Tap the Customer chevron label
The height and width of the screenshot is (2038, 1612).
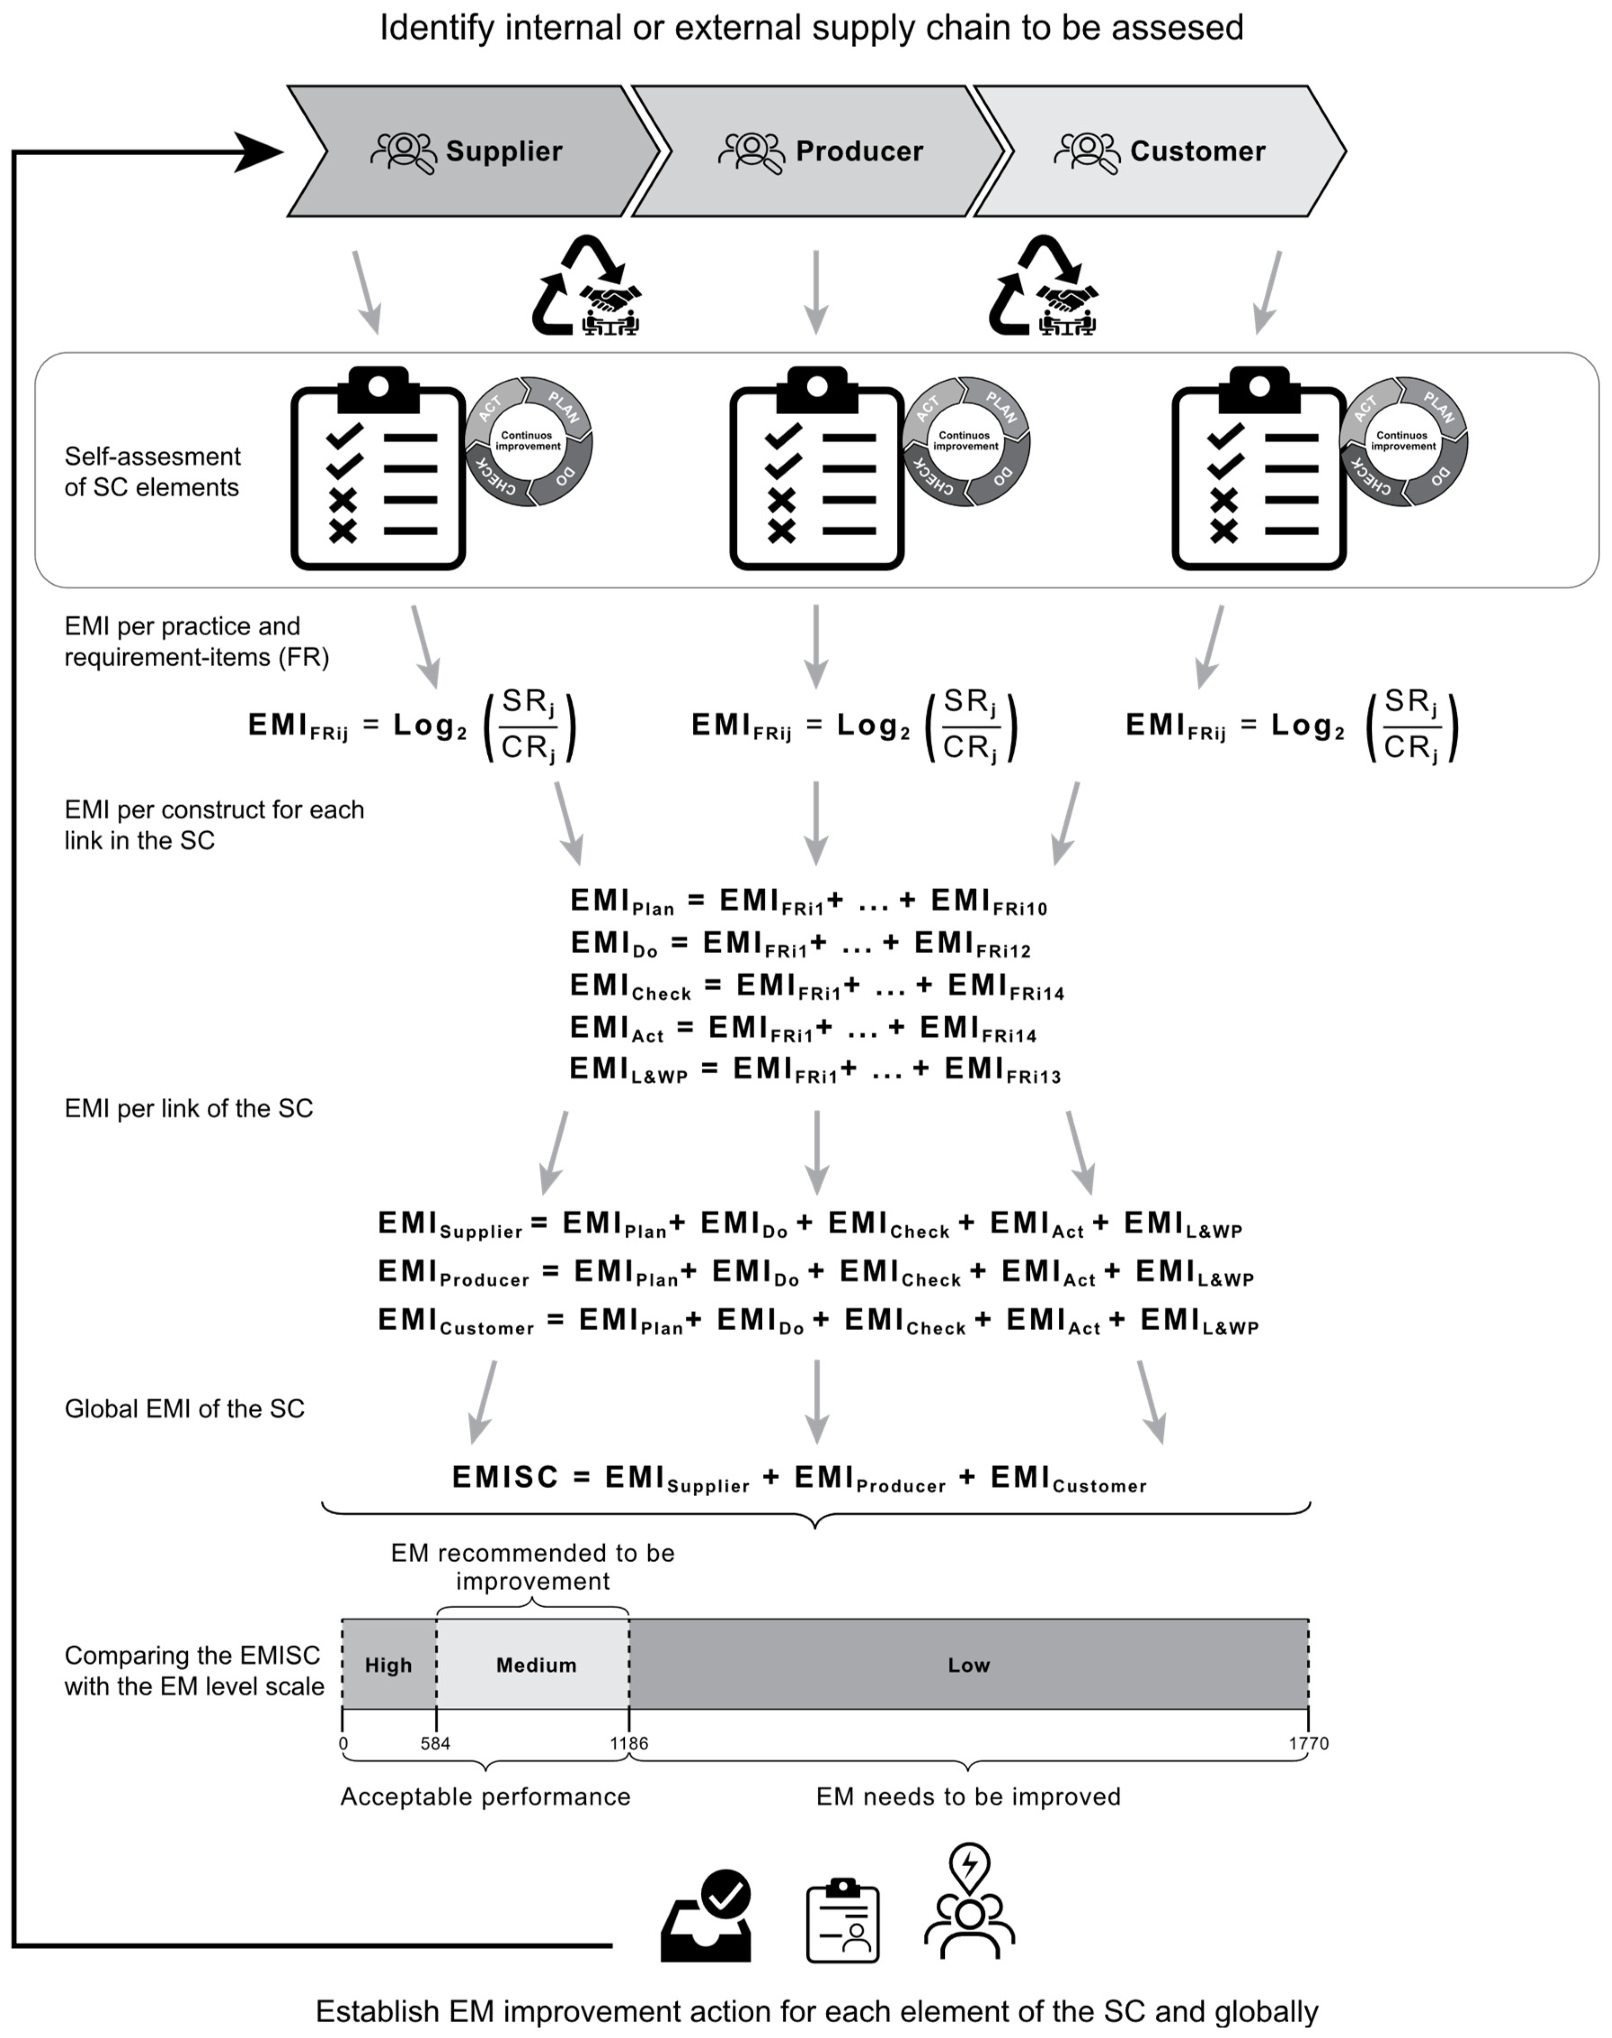[x=1197, y=151]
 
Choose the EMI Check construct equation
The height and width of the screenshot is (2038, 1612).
[x=816, y=987]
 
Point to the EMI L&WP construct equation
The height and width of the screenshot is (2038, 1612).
[x=814, y=1070]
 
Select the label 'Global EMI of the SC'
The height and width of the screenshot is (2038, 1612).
[x=184, y=1408]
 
